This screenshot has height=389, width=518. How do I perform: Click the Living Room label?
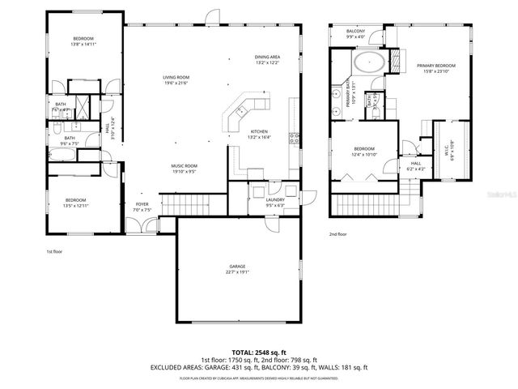[175, 79]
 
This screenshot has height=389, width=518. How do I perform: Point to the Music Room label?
[185, 169]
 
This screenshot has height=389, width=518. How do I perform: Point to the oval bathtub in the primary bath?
[370, 62]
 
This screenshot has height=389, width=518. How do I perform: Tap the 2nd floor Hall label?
[416, 165]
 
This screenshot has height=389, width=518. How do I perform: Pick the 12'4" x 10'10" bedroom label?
[364, 152]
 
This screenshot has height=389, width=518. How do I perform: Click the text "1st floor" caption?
[54, 252]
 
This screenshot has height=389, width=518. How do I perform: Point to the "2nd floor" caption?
[338, 234]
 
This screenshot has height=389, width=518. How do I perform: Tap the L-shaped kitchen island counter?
[242, 113]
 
